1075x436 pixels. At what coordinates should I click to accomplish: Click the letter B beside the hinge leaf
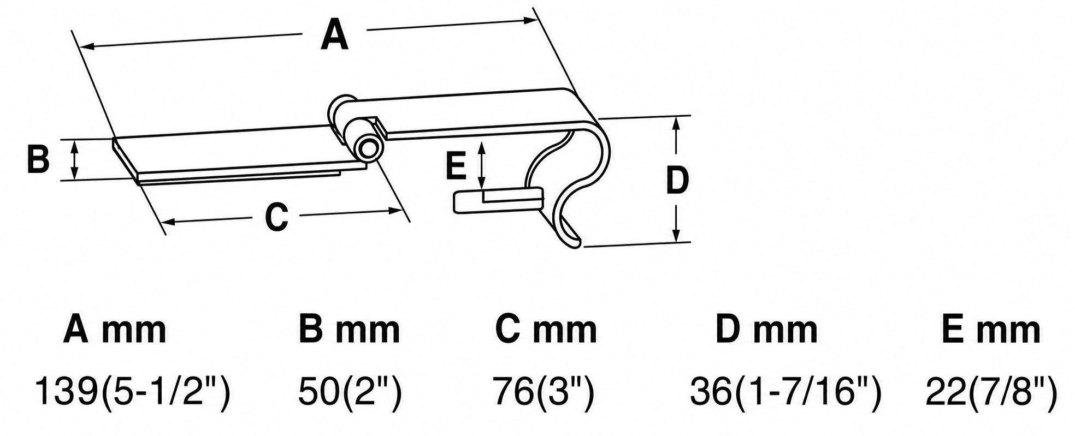(39, 159)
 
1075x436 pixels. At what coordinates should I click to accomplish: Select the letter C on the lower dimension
(276, 217)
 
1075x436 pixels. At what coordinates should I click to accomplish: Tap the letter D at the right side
(677, 181)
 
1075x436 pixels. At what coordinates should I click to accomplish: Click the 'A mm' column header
(115, 329)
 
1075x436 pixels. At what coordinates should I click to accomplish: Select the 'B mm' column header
(349, 329)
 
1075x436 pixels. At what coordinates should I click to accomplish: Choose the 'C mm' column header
(546, 329)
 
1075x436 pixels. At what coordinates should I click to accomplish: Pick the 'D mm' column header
(767, 329)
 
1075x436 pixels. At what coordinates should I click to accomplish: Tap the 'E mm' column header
(991, 329)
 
